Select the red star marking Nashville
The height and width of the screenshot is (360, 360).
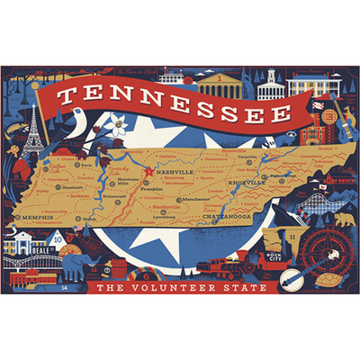(x=149, y=168)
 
